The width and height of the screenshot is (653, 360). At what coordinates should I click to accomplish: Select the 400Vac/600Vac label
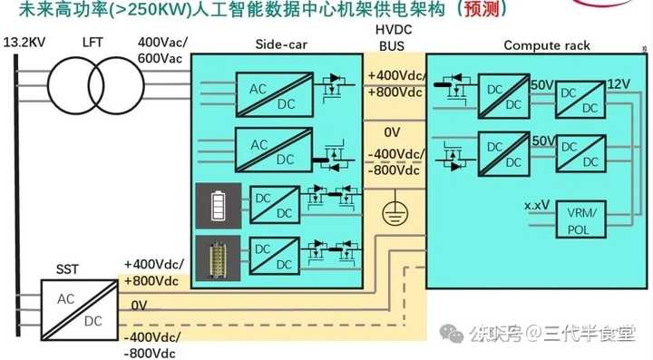161,50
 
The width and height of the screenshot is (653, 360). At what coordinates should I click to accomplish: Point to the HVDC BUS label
392,36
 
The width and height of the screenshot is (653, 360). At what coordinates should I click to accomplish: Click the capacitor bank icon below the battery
217,256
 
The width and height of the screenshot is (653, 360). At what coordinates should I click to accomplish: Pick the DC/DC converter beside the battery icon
273,204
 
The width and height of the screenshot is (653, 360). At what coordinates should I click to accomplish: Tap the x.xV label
537,205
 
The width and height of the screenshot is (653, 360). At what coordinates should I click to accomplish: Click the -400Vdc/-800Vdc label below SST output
151,345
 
